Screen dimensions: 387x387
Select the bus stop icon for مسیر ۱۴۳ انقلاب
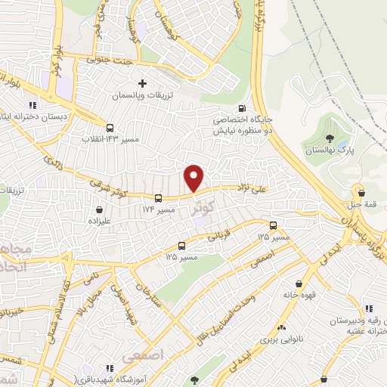(110, 128)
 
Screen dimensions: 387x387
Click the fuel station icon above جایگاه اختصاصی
(242, 107)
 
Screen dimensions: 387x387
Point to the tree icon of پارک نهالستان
(330, 138)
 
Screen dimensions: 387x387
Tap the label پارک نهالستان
(330, 151)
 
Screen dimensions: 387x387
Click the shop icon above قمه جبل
(360, 192)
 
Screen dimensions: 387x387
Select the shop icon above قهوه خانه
(300, 283)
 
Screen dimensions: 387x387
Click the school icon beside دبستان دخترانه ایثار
(32, 106)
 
